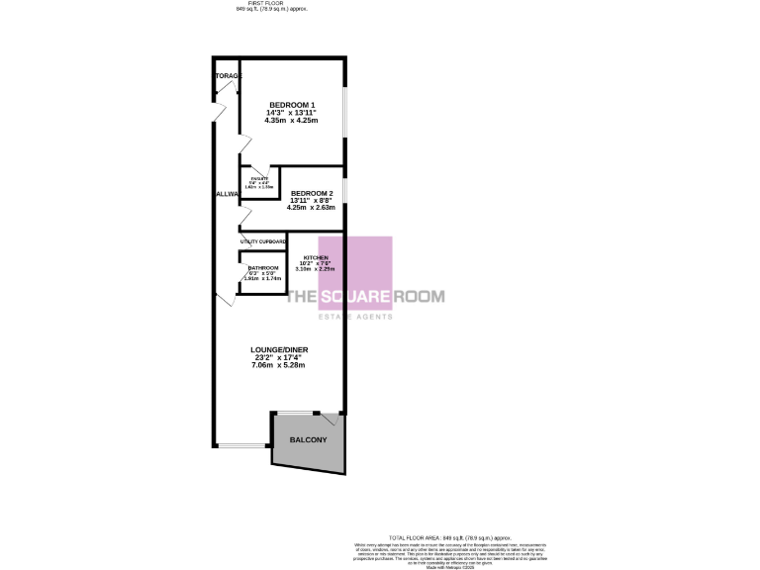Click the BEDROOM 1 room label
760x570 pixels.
292,105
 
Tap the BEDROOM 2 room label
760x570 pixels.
311,193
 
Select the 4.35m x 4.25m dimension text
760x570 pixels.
292,121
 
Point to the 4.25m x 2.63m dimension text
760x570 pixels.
311,208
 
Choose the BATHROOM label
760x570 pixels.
263,268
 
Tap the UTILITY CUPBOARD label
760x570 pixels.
263,241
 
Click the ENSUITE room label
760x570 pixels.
259,179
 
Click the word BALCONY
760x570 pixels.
307,439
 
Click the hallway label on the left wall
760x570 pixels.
227,194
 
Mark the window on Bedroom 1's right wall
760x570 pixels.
343,112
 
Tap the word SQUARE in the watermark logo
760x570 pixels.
355,296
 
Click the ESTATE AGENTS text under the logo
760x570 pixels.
354,317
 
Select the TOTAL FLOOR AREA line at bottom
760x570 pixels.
450,535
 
